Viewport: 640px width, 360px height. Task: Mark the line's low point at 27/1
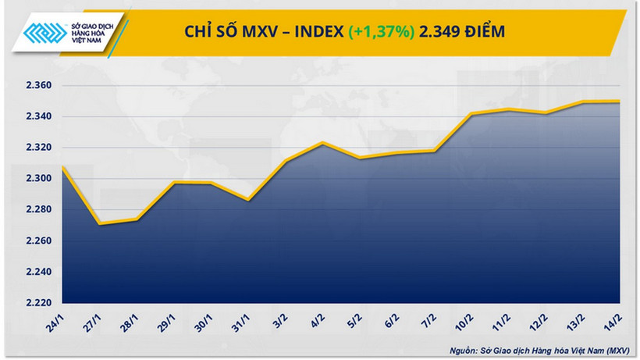[100, 224]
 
